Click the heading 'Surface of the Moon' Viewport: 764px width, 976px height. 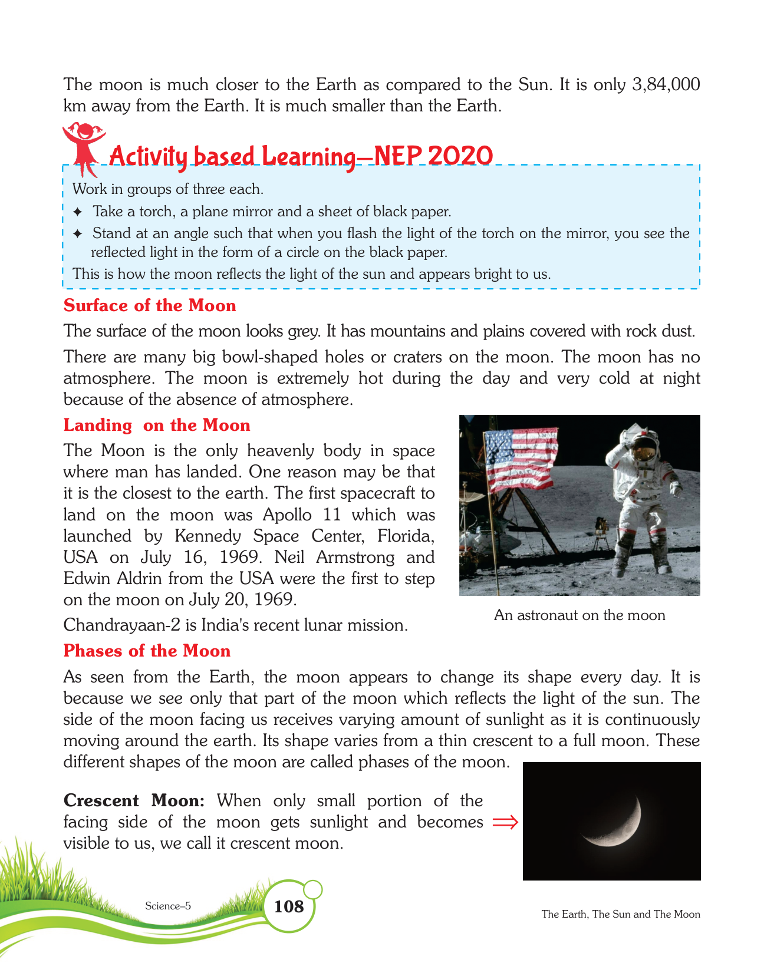(x=150, y=305)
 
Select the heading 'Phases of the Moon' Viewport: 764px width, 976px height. (x=147, y=651)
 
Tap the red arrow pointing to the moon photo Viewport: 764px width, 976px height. (x=505, y=822)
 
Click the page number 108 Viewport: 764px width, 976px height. (x=289, y=906)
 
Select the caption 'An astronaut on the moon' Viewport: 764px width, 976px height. (x=579, y=615)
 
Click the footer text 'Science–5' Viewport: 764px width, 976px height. (x=168, y=906)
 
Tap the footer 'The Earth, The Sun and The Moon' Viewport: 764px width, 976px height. (x=621, y=914)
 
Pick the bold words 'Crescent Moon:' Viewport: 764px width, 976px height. (x=134, y=800)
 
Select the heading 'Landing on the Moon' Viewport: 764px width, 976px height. (x=157, y=426)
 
